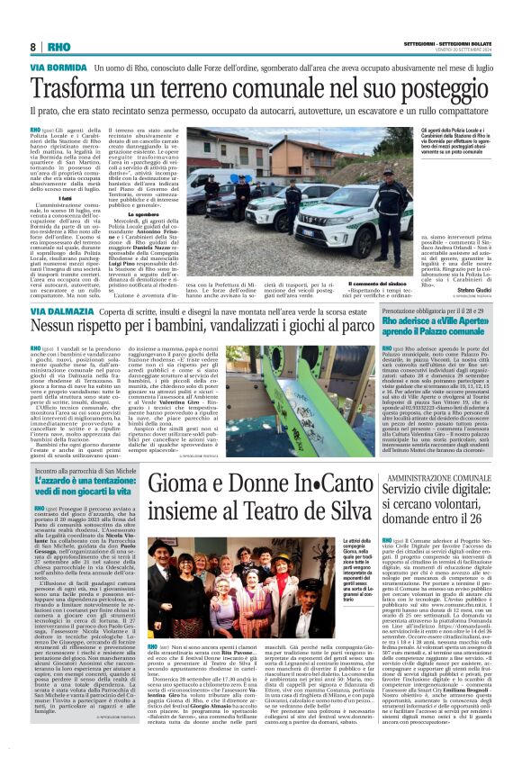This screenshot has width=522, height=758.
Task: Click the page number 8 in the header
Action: (x=33, y=47)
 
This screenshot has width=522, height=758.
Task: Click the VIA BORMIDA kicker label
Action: (x=59, y=68)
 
